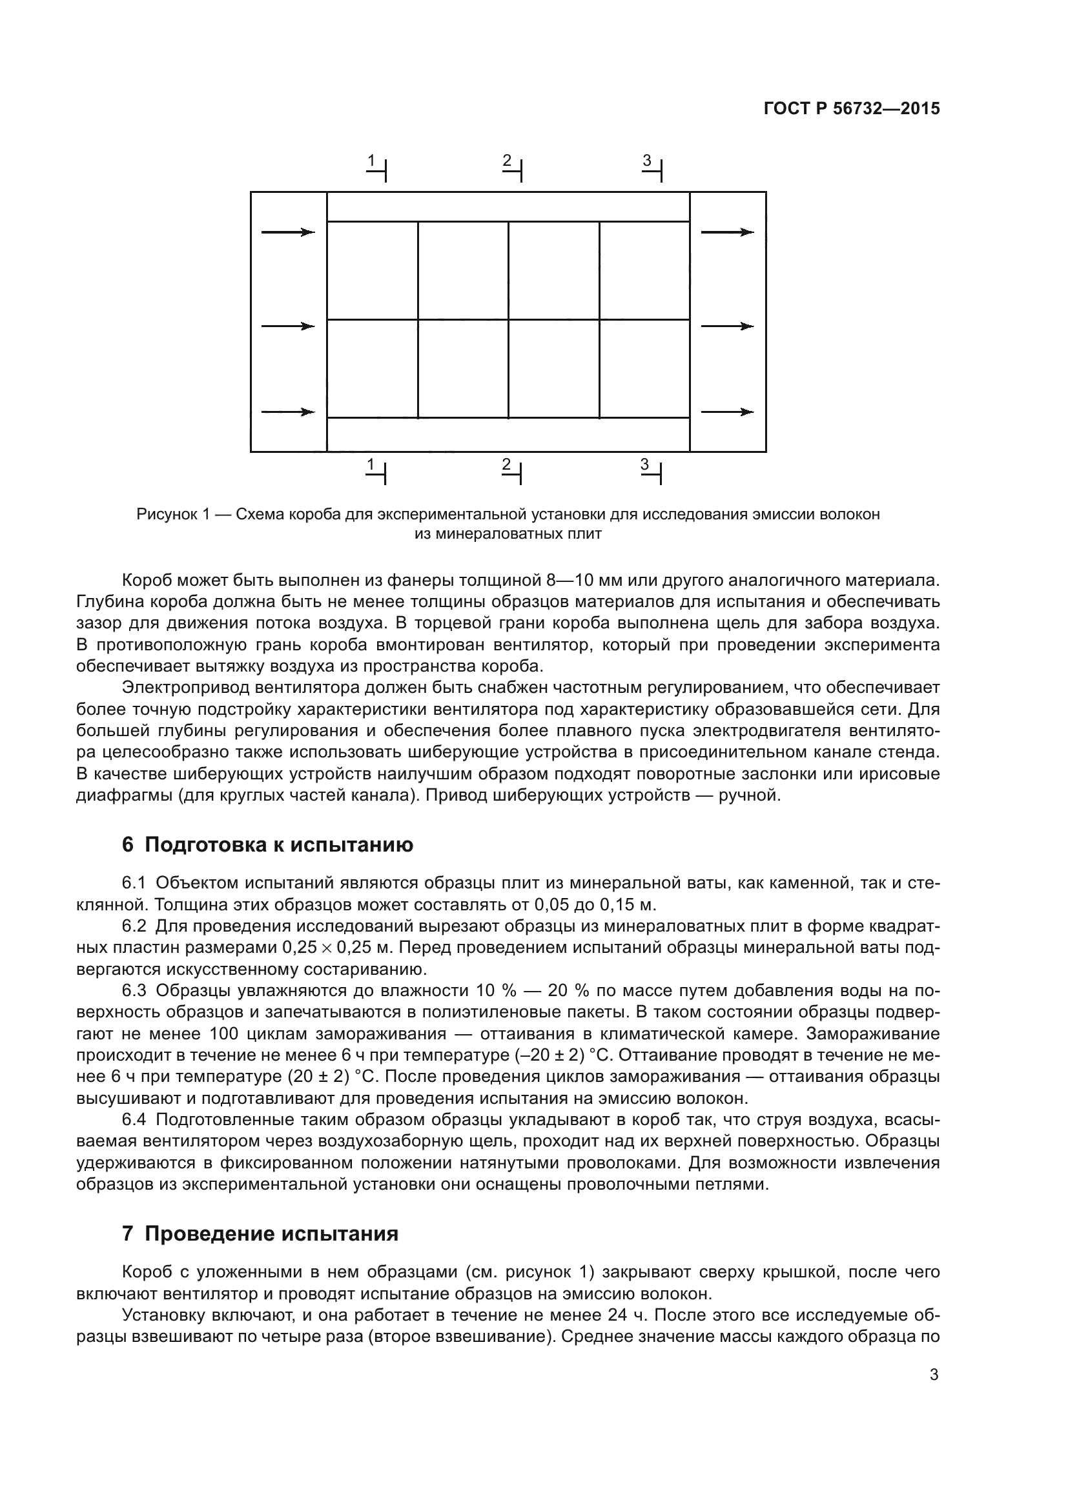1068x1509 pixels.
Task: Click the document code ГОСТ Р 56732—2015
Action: pyautogui.click(x=852, y=108)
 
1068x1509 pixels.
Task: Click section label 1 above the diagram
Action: pyautogui.click(x=371, y=161)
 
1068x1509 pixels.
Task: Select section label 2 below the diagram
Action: pyautogui.click(x=506, y=465)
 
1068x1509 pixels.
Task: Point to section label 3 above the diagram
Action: pyautogui.click(x=647, y=161)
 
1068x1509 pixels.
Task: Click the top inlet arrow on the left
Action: pyautogui.click(x=288, y=232)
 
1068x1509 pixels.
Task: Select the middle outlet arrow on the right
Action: pyautogui.click(x=726, y=326)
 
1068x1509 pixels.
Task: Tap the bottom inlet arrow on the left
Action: pyautogui.click(x=288, y=412)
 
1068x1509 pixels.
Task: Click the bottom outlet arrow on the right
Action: pyautogui.click(x=726, y=412)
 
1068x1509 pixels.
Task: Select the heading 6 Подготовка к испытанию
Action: pyautogui.click(x=267, y=844)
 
